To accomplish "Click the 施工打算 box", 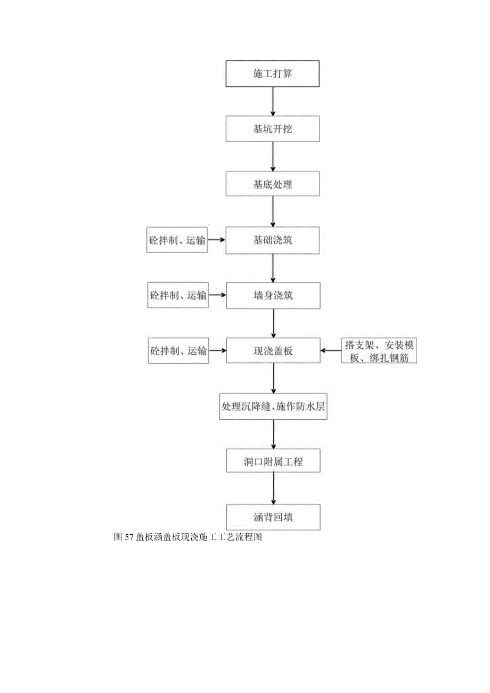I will pyautogui.click(x=273, y=74).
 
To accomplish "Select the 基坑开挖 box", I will pyautogui.click(x=273, y=129).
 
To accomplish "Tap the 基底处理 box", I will pyautogui.click(x=273, y=184).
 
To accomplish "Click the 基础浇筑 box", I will pyautogui.click(x=273, y=240).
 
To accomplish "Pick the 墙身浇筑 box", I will pyautogui.click(x=273, y=296).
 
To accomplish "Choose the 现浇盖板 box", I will pyautogui.click(x=273, y=350).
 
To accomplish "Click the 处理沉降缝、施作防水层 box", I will pyautogui.click(x=273, y=406).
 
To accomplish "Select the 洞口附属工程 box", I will pyautogui.click(x=273, y=462).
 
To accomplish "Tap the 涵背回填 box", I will pyautogui.click(x=273, y=517).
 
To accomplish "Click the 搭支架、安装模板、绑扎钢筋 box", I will pyautogui.click(x=379, y=351).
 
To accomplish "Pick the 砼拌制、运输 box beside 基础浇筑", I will pyautogui.click(x=177, y=240).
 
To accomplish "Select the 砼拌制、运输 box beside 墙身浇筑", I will pyautogui.click(x=177, y=296).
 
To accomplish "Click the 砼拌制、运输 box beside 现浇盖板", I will pyautogui.click(x=177, y=351).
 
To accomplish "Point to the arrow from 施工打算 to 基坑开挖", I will pyautogui.click(x=273, y=101).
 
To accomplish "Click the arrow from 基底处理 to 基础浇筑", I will pyautogui.click(x=273, y=211).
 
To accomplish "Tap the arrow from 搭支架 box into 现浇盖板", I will pyautogui.click(x=331, y=350).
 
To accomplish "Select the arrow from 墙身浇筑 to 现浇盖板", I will pyautogui.click(x=273, y=323).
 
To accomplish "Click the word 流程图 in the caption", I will pyautogui.click(x=250, y=537).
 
